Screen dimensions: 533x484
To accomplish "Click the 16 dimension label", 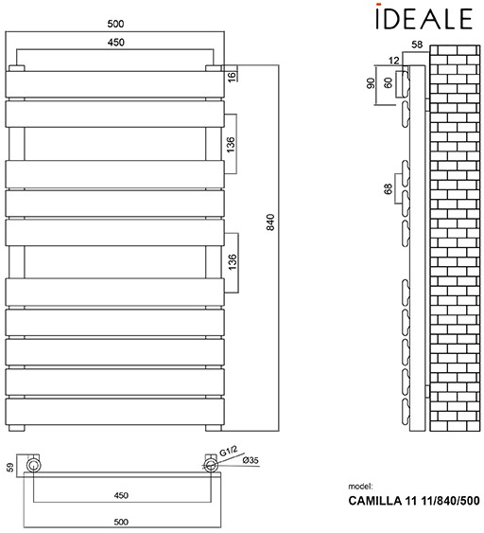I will tap(232, 76).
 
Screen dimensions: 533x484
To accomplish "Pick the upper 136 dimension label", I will tap(231, 143).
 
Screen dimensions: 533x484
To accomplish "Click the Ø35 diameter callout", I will tap(247, 461).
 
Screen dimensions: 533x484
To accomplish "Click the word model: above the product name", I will tap(361, 487).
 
